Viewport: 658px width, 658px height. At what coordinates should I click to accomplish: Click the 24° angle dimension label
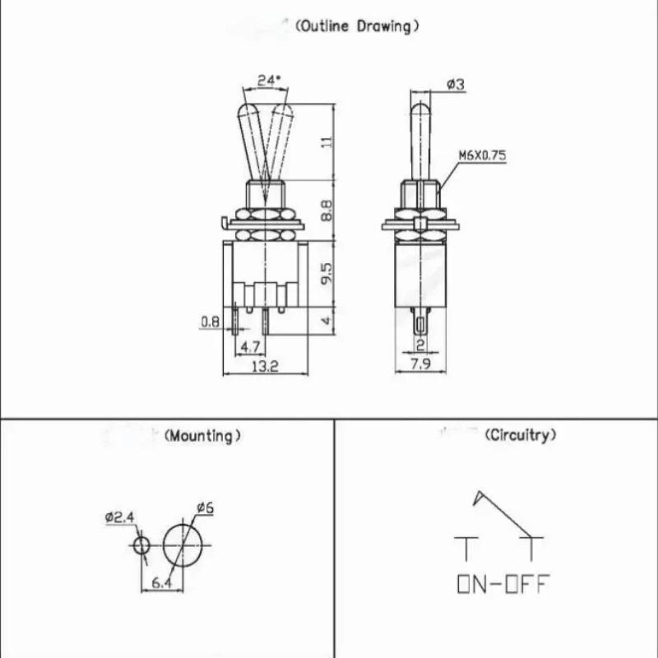coord(268,80)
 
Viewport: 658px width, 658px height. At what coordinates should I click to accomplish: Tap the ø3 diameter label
coord(456,85)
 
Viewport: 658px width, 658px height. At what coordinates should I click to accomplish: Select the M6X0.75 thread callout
coord(482,155)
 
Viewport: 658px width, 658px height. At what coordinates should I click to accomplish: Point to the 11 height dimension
coord(328,141)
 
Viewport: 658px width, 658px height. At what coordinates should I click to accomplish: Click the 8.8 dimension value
coord(327,211)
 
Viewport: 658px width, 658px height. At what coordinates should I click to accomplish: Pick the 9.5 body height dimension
coord(327,274)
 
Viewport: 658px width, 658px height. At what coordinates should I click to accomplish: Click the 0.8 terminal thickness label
coord(210,322)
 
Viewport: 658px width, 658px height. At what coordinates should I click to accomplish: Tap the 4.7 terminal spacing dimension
coord(250,347)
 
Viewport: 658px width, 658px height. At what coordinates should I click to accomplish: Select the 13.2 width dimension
coord(265,367)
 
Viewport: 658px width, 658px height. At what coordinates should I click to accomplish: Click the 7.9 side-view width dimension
coord(420,364)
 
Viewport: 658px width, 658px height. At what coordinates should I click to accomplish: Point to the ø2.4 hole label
coord(119,517)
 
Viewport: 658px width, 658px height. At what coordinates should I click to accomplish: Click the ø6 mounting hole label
coord(205,507)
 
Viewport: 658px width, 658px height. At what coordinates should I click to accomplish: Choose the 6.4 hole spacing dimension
coord(161,582)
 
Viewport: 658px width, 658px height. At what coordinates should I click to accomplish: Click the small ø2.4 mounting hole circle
coord(133,546)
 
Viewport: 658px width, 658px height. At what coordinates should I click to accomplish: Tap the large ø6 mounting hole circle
coord(163,545)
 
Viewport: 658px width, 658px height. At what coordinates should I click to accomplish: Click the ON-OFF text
coord(503,584)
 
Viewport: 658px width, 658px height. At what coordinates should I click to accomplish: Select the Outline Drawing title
coord(357,26)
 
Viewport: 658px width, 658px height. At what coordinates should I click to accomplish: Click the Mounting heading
coord(202,436)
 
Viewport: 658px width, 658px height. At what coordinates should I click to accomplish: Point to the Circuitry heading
coord(521,435)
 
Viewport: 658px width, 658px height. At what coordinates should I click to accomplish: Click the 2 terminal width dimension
coord(420,345)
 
